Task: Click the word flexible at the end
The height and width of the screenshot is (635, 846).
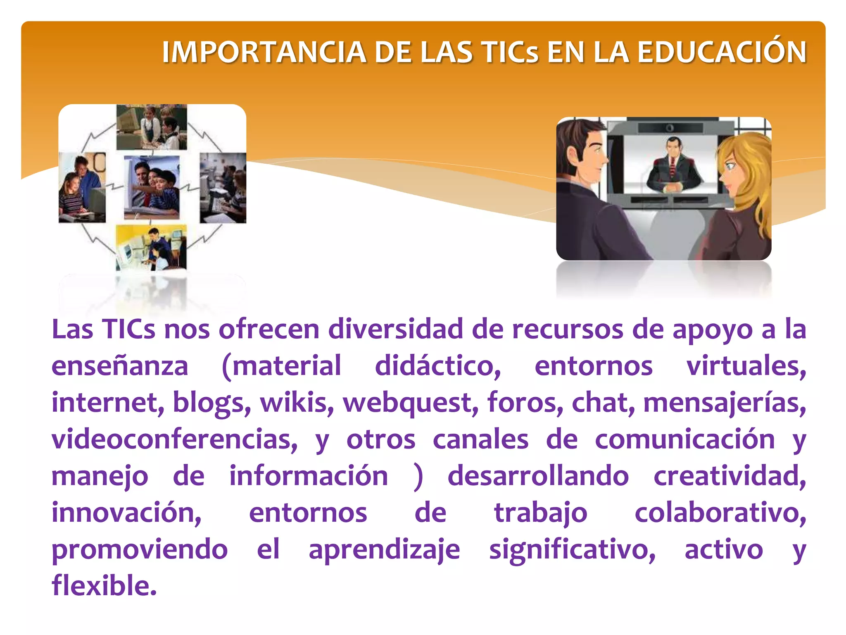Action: [104, 585]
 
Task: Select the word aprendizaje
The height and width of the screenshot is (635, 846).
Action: [384, 550]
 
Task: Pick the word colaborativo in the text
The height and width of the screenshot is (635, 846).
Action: [720, 513]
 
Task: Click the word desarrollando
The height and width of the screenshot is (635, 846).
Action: [538, 476]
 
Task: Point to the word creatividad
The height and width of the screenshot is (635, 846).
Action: [730, 476]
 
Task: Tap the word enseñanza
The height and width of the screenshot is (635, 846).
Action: [120, 366]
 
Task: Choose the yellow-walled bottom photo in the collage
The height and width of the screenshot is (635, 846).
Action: [151, 247]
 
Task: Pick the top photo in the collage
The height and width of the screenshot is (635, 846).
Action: [152, 127]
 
